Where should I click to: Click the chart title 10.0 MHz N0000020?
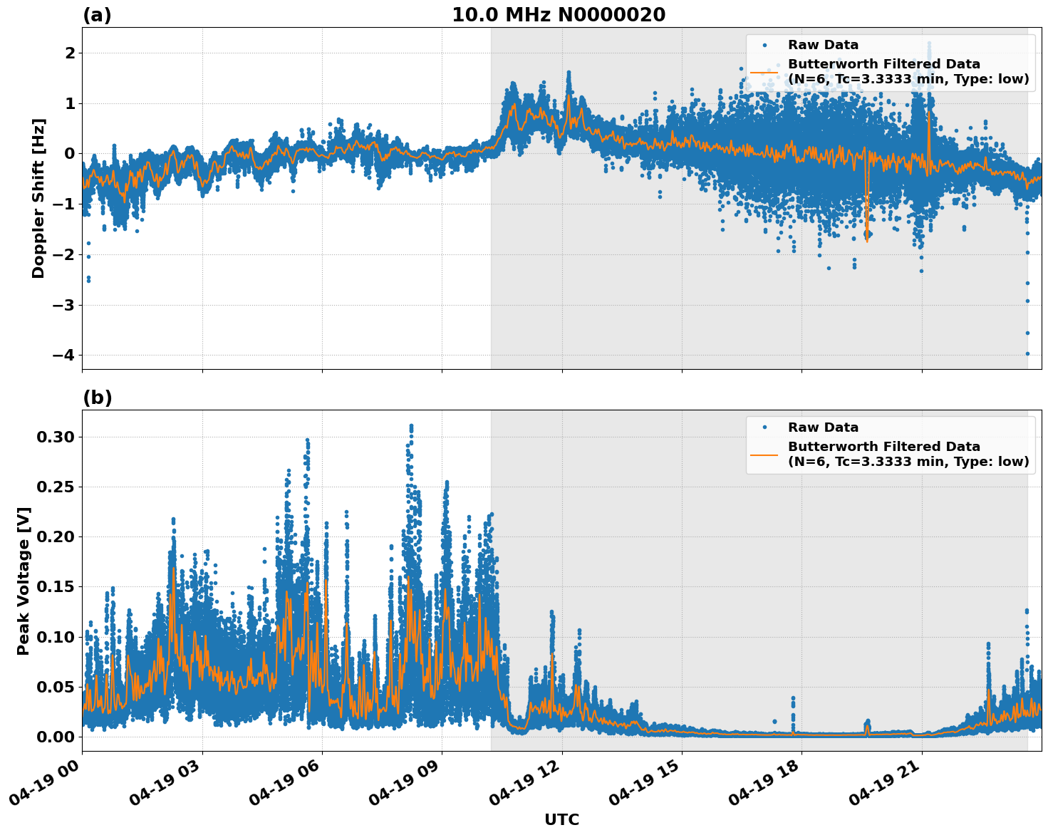click(x=559, y=15)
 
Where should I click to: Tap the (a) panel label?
click(x=97, y=15)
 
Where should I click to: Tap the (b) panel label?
click(x=97, y=398)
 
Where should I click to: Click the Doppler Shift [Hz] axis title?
click(x=38, y=198)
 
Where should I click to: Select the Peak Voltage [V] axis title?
click(x=24, y=581)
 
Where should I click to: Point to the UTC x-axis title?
click(x=561, y=819)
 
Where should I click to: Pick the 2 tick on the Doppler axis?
click(x=70, y=53)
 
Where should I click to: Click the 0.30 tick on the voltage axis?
click(x=56, y=437)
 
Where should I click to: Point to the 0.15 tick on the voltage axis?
click(x=56, y=587)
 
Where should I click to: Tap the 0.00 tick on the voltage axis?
click(x=56, y=737)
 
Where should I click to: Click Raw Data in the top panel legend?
click(x=823, y=45)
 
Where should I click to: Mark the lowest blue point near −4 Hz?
click(x=1027, y=353)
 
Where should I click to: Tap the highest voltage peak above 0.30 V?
click(x=411, y=426)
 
